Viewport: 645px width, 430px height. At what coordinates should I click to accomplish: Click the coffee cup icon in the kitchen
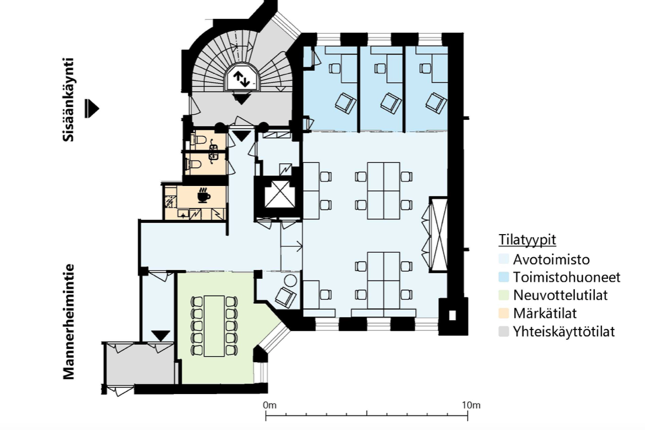(x=204, y=195)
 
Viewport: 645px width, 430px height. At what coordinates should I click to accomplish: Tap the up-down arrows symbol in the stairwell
(x=241, y=79)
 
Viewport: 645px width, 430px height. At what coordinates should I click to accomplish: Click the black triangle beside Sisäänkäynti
(x=92, y=109)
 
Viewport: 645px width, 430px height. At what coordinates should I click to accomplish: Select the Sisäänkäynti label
(x=68, y=99)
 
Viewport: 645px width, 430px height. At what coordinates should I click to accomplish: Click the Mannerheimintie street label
(x=68, y=321)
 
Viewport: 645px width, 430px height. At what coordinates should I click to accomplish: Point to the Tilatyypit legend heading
(x=527, y=240)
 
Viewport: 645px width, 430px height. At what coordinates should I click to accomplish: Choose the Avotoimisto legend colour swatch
(x=504, y=259)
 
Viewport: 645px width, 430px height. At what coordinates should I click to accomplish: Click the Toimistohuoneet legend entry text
(x=567, y=277)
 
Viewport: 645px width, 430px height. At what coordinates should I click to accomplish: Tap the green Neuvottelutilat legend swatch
(x=504, y=295)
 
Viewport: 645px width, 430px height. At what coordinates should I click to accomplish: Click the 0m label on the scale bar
(x=269, y=405)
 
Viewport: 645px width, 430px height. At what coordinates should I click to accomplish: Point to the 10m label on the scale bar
(x=471, y=405)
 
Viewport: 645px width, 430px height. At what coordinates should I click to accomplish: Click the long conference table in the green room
(x=214, y=326)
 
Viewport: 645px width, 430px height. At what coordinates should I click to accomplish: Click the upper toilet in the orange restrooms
(x=198, y=140)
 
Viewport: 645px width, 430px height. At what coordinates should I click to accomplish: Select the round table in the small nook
(x=291, y=281)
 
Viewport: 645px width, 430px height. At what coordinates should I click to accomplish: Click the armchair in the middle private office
(x=390, y=103)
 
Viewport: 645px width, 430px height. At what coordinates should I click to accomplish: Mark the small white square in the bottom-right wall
(x=452, y=315)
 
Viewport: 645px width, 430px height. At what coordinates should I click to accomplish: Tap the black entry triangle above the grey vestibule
(x=161, y=336)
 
